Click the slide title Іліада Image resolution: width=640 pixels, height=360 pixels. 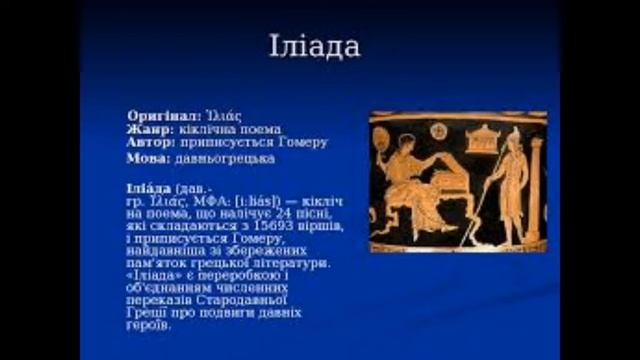click(x=314, y=47)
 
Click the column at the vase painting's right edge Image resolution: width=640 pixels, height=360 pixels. click(x=535, y=190)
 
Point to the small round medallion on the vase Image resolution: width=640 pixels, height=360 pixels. click(x=438, y=130)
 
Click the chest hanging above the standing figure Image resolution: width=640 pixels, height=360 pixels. click(x=483, y=138)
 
